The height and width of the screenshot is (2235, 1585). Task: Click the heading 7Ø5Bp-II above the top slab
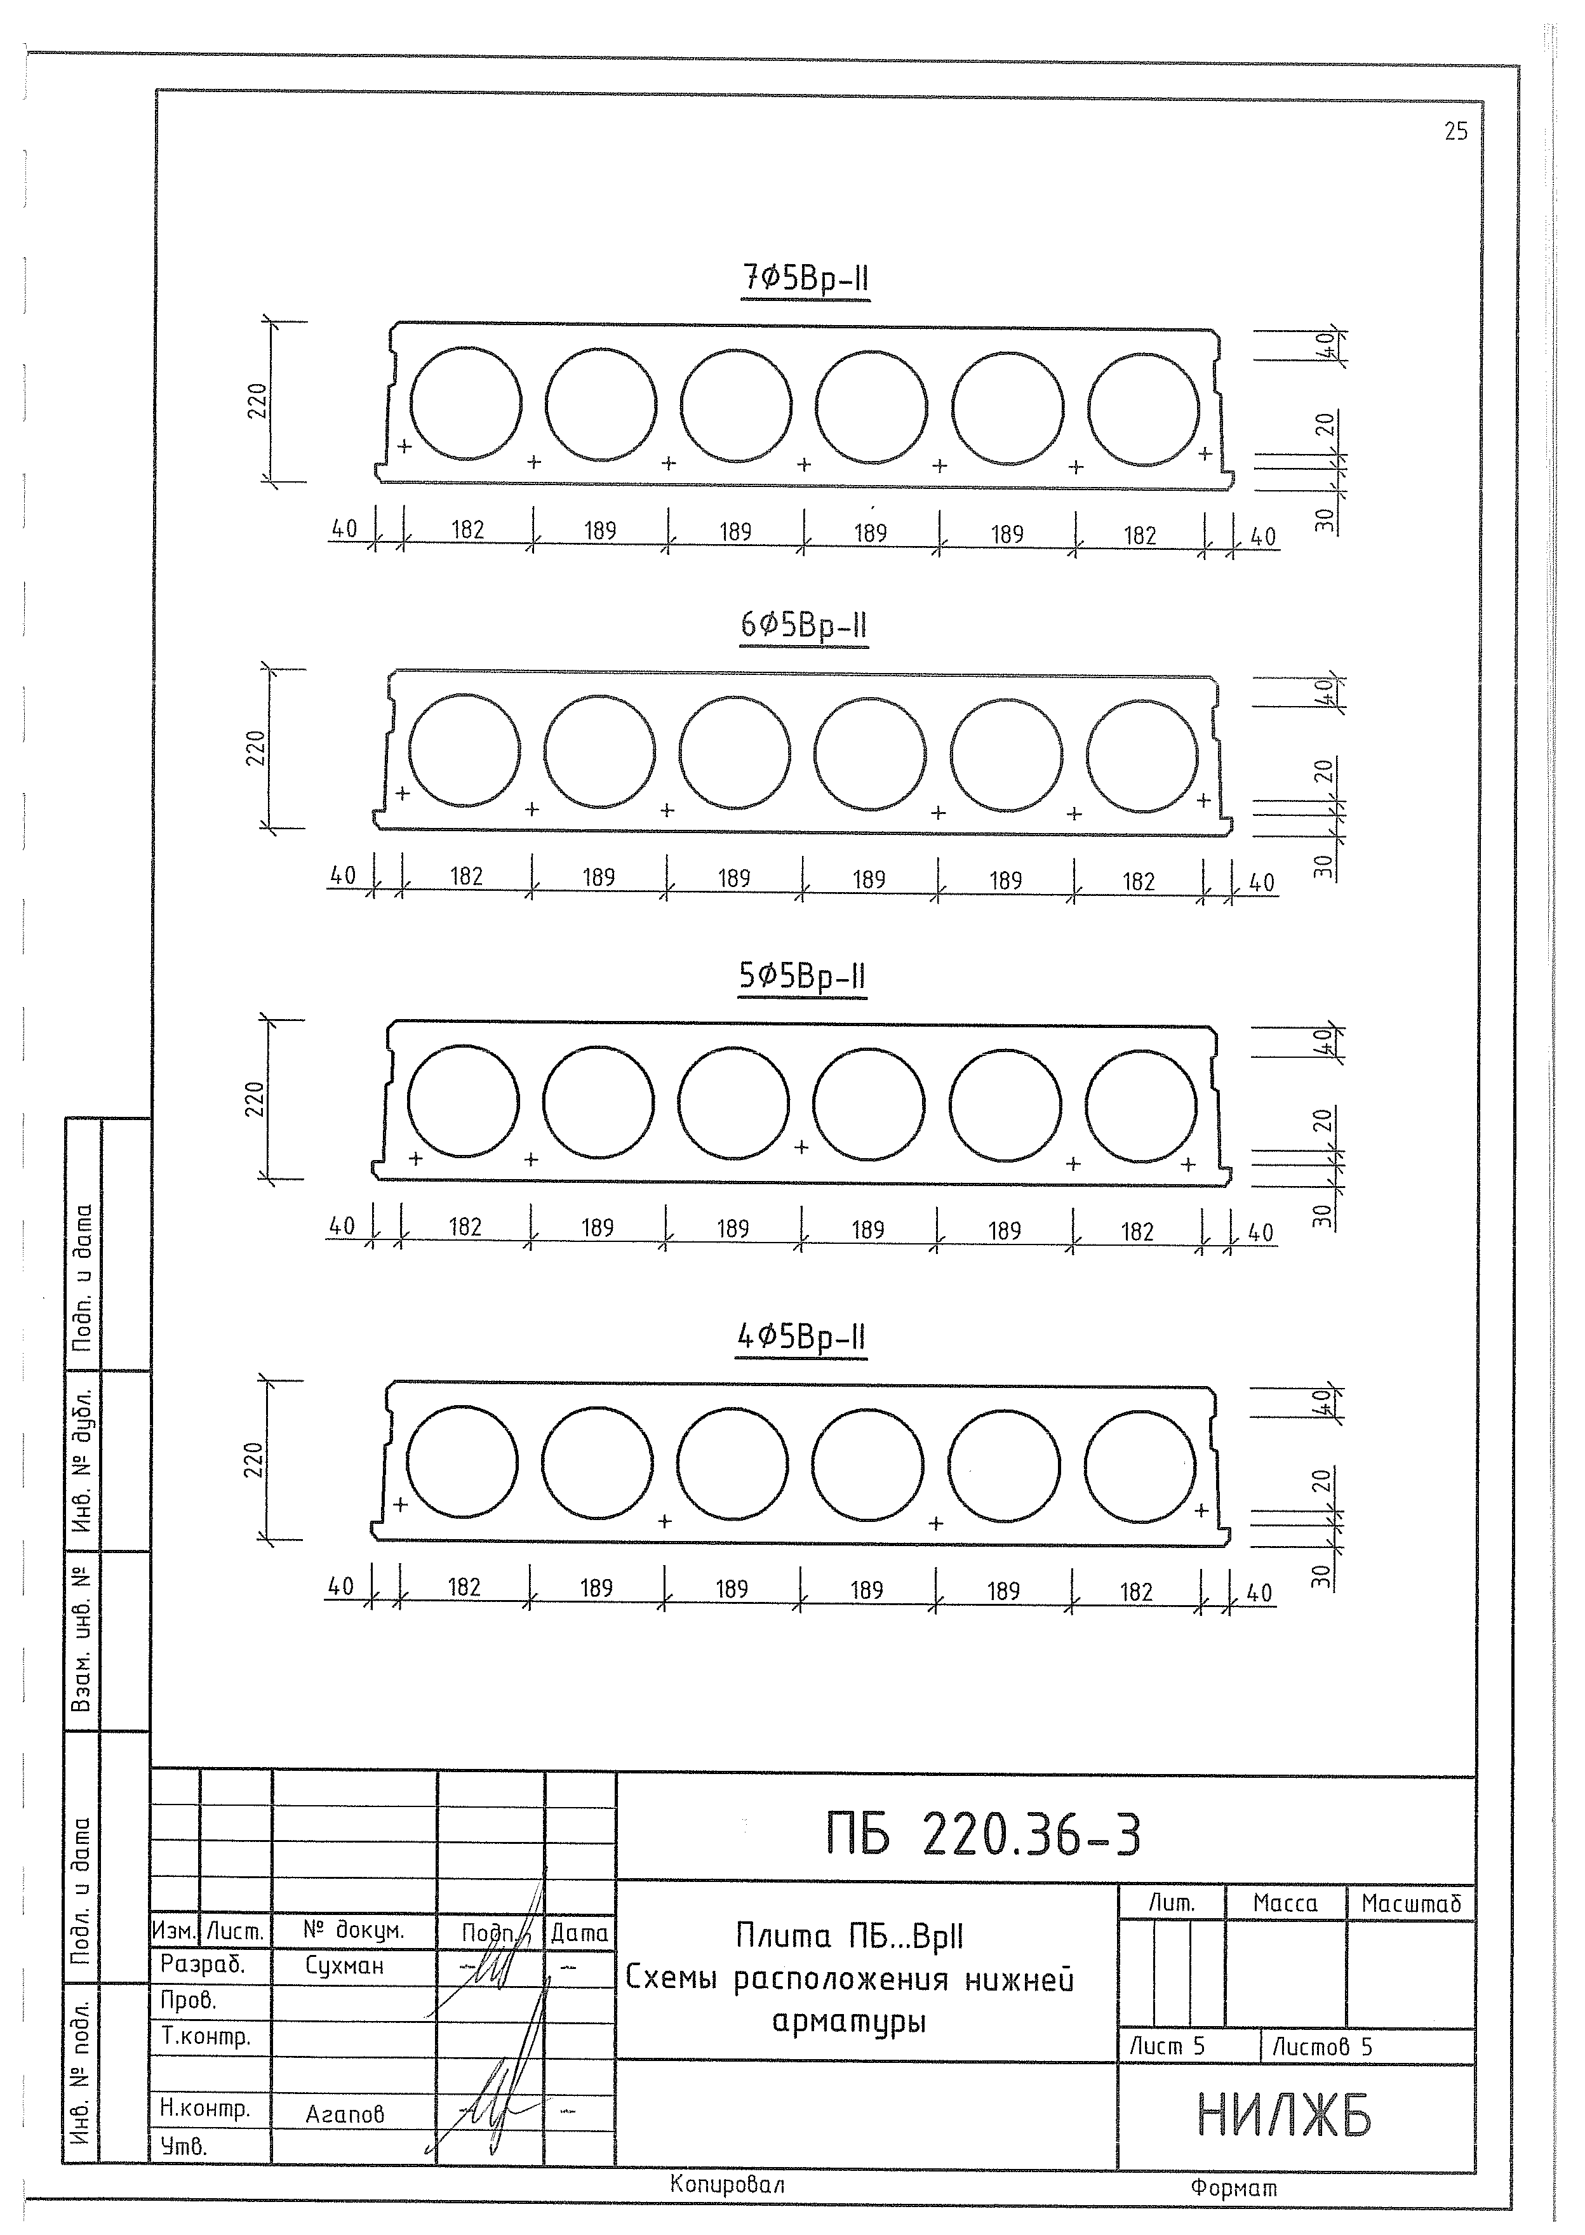click(x=805, y=279)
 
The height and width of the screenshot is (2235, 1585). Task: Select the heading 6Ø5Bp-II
click(x=803, y=625)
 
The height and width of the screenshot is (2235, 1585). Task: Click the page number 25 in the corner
click(x=1455, y=132)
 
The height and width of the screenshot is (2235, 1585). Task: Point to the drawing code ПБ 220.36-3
click(x=983, y=1836)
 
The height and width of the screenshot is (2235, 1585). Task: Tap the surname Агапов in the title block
click(x=345, y=2114)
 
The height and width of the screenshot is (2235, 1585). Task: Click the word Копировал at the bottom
click(x=727, y=2184)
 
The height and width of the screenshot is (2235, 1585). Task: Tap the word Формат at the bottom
click(x=1234, y=2188)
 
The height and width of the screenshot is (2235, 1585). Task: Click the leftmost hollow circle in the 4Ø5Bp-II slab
click(x=462, y=1462)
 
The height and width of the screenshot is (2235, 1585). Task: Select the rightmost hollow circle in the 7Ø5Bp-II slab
click(x=1143, y=408)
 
